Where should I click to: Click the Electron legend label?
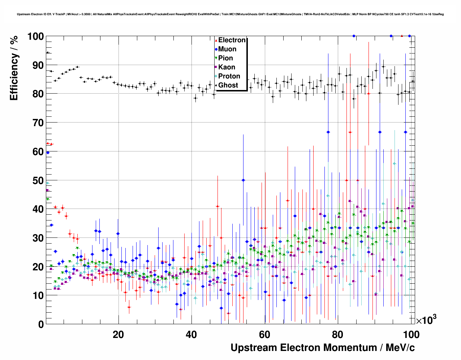pos(232,40)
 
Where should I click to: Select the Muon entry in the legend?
pos(227,49)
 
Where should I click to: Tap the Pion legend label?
pos(226,58)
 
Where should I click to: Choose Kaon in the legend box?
pos(227,67)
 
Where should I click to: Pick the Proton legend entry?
pos(229,76)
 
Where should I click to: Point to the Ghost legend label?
pos(228,85)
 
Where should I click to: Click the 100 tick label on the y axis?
pos(36,37)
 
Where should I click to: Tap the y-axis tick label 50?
pos(38,180)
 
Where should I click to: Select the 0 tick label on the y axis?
pos(41,324)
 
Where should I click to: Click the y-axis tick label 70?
pos(38,123)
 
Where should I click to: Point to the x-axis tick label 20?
pos(119,334)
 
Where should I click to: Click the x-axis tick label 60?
pos(264,334)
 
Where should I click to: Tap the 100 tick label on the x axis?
pos(411,334)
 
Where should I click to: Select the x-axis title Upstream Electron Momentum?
pos(323,348)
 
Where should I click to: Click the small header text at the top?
pos(230,14)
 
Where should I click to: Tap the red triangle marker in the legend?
pos(216,40)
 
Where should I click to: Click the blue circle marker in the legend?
pos(216,49)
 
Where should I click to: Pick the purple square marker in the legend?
pos(216,67)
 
